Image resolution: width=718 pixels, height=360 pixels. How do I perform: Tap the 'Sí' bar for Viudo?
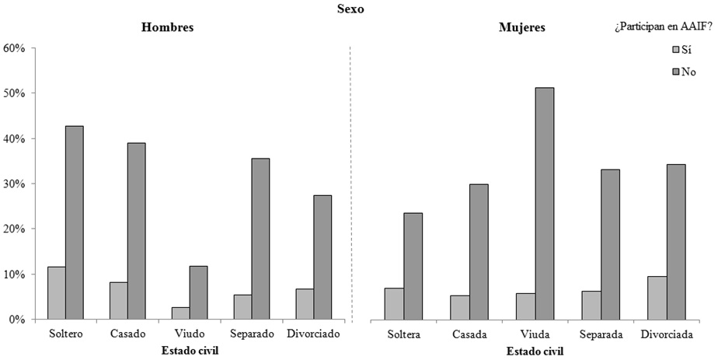click(180, 313)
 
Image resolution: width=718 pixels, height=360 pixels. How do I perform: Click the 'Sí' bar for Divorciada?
click(657, 298)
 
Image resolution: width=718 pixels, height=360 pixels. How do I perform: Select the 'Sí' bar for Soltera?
click(395, 304)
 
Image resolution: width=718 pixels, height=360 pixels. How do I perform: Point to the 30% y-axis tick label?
click(16, 184)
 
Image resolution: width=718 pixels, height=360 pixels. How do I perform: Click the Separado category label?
click(252, 334)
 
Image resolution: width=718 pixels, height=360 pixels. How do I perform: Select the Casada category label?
click(469, 334)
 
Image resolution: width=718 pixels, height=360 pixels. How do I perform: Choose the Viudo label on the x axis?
click(190, 334)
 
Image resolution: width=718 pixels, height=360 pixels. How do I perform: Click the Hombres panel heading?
click(167, 28)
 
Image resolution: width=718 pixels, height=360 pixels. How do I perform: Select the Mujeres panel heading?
click(521, 28)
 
